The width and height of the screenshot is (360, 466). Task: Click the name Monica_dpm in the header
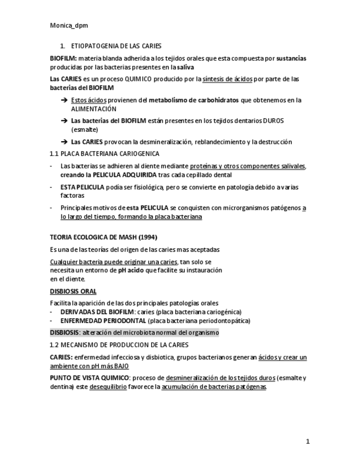coord(68,25)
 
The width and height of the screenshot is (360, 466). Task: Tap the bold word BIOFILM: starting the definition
coord(63,58)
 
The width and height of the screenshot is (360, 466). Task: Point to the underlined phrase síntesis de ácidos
coord(227,79)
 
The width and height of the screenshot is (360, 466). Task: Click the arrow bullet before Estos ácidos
coord(64,101)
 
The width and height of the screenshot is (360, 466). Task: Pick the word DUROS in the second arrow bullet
coord(274,121)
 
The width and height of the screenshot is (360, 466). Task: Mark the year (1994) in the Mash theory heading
coord(146,237)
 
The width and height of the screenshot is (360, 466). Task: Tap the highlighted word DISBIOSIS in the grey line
coord(64,332)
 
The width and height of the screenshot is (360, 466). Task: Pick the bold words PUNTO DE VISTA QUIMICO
coord(89,378)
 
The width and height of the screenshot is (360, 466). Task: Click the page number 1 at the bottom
coord(308,442)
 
